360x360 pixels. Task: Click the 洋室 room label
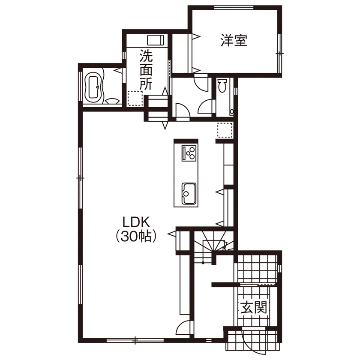pyautogui.click(x=234, y=41)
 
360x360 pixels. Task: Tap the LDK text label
pyautogui.click(x=135, y=222)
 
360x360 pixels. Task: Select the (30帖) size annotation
pyautogui.click(x=135, y=236)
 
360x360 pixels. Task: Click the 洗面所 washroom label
pyautogui.click(x=146, y=70)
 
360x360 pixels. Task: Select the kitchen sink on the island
pyautogui.click(x=189, y=194)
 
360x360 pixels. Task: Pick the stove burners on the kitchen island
pyautogui.click(x=189, y=153)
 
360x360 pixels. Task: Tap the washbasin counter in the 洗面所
pyautogui.click(x=156, y=40)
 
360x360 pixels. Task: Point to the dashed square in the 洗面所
pyautogui.click(x=134, y=98)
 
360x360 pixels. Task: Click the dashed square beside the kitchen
pyautogui.click(x=224, y=130)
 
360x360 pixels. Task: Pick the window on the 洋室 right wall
pyautogui.click(x=279, y=52)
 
